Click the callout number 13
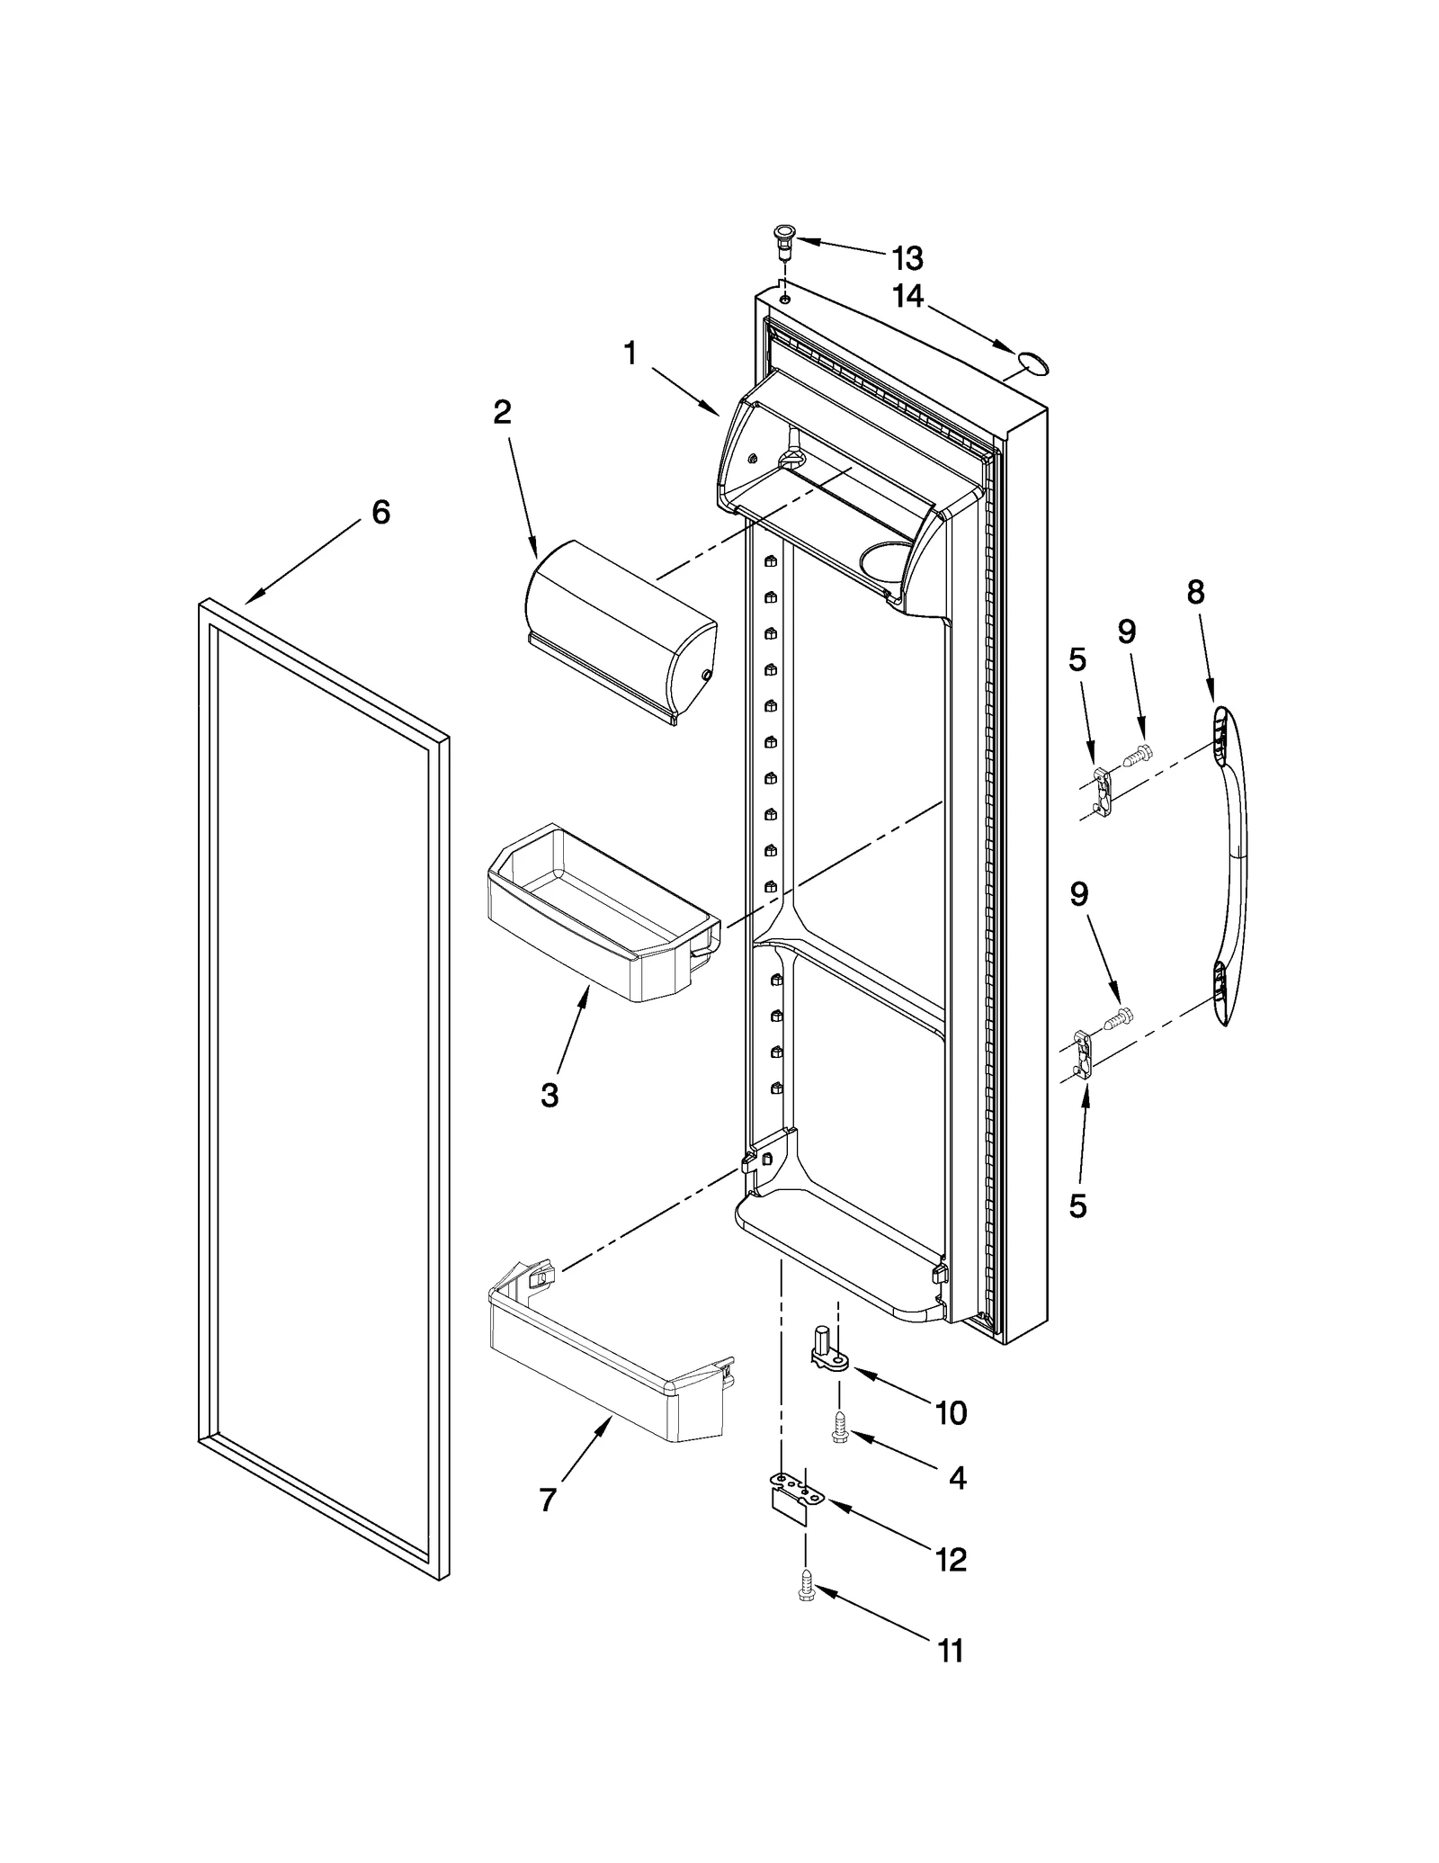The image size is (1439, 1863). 907,259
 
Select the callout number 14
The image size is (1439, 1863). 907,296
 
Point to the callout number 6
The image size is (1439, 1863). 380,513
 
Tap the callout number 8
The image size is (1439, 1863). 1195,592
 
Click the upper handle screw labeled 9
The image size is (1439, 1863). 1138,754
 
